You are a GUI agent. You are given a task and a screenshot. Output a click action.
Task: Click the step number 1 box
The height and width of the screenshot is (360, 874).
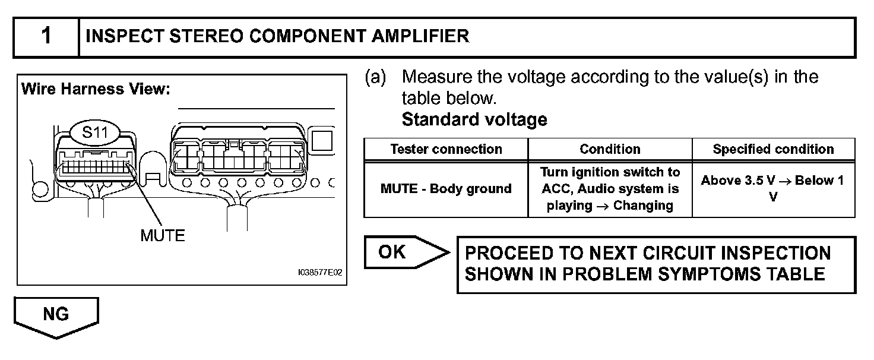tap(46, 37)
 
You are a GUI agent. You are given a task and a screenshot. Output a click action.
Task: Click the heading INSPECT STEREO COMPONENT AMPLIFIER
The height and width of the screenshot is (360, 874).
tap(277, 37)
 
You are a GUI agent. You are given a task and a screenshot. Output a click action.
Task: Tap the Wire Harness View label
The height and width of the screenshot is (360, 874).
tap(96, 90)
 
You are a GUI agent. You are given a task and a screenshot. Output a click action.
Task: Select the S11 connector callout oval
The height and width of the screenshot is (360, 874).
tap(95, 132)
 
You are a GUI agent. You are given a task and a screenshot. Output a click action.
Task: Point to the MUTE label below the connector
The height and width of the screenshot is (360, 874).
tap(162, 235)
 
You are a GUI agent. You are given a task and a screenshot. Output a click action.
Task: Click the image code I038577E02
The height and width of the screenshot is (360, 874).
tap(320, 273)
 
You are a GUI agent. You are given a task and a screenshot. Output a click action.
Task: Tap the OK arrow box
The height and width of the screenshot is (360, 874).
tap(404, 252)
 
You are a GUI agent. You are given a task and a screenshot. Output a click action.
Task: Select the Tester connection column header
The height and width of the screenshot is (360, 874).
tap(446, 149)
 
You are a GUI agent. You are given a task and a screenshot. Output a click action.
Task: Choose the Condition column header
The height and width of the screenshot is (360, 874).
tap(610, 149)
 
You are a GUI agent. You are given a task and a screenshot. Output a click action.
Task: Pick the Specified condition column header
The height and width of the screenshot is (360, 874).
tap(773, 149)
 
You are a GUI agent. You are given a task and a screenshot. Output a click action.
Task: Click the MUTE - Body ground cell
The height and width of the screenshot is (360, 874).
tap(446, 189)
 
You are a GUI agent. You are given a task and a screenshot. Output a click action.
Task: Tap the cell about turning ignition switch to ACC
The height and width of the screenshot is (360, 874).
tap(610, 189)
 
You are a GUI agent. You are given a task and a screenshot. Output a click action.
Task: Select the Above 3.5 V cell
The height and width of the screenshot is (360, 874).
tap(773, 188)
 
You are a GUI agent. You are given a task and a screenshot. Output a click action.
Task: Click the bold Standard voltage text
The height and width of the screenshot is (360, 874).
tap(474, 120)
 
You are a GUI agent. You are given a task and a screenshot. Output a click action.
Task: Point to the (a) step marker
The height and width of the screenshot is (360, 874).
tap(375, 77)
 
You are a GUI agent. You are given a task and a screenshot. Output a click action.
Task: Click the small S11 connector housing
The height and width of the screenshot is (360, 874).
tap(95, 164)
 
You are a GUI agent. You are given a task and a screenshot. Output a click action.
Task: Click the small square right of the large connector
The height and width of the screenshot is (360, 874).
tap(322, 140)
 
